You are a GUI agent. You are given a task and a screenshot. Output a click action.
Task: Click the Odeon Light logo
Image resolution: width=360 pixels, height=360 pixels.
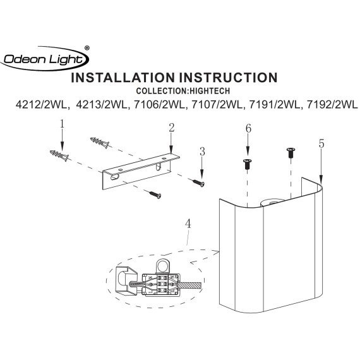click(x=45, y=59)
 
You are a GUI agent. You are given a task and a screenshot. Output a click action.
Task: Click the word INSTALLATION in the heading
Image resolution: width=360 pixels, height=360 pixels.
click(x=123, y=78)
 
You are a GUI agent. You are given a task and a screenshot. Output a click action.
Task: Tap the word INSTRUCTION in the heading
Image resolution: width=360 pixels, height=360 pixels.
click(x=229, y=78)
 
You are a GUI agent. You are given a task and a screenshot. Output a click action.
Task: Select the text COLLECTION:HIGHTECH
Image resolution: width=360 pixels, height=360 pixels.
click(x=183, y=91)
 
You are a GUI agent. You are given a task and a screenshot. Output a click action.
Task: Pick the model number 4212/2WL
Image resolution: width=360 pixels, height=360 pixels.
click(x=42, y=105)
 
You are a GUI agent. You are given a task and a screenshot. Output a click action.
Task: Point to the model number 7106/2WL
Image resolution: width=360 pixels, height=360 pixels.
click(x=159, y=105)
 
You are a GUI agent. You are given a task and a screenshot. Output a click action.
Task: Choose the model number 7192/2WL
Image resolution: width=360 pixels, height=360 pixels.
click(x=332, y=105)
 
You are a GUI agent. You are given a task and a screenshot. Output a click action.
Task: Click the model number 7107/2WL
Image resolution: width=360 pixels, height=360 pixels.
click(x=217, y=105)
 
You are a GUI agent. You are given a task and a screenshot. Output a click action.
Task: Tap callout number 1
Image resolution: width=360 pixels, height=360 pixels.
click(x=62, y=124)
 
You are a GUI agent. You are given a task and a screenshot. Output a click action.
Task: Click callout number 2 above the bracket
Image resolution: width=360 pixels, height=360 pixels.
click(x=172, y=128)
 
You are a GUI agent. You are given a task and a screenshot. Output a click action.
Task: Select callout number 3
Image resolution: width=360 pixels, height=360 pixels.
click(x=202, y=152)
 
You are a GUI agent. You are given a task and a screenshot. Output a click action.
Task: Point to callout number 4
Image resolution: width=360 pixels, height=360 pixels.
click(x=188, y=224)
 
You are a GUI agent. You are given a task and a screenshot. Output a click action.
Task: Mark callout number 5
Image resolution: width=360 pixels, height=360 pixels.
click(x=321, y=144)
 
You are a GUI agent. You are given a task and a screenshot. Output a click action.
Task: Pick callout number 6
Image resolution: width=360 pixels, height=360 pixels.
click(x=248, y=129)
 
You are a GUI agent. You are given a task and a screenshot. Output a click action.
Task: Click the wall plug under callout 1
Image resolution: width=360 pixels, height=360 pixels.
click(x=59, y=155)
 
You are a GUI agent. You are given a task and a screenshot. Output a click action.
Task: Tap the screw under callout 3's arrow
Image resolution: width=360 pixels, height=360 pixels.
click(x=198, y=183)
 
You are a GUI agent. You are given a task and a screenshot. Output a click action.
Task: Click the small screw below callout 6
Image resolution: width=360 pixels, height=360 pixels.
click(x=247, y=164)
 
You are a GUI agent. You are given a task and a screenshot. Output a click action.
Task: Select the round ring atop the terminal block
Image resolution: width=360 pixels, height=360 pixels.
click(x=163, y=267)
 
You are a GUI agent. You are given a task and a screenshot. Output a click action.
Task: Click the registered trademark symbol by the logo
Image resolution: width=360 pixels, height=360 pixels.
click(x=87, y=48)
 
